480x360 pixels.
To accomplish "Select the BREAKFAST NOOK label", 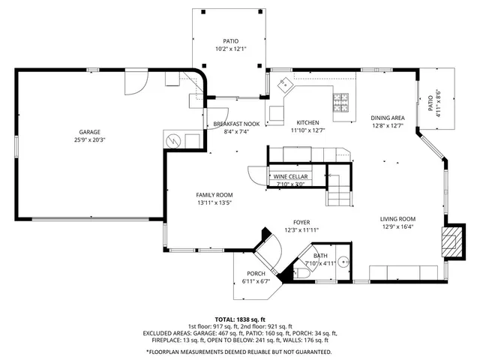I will click(x=236, y=123).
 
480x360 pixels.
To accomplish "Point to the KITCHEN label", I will click(x=307, y=122).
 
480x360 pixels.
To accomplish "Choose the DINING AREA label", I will click(x=388, y=118).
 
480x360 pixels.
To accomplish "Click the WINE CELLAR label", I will click(x=289, y=176).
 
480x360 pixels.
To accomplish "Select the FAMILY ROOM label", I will click(x=215, y=194).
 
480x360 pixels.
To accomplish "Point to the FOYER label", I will click(x=301, y=222).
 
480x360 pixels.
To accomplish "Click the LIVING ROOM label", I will click(x=397, y=218).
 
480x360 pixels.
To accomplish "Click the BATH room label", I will click(x=320, y=256).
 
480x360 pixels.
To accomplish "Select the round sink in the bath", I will click(x=343, y=262).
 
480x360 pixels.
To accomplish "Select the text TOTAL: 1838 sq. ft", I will click(x=240, y=319).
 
